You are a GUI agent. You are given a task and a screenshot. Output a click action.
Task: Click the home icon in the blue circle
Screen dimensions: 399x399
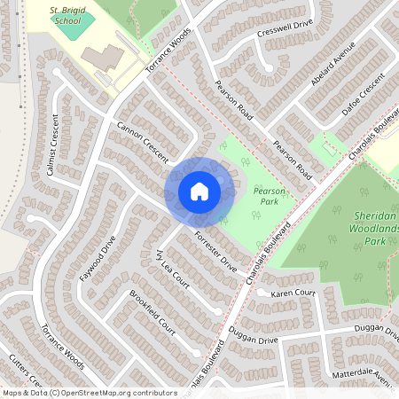click(x=199, y=191)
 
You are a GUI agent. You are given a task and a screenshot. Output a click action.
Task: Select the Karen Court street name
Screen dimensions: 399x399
click(x=293, y=293)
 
